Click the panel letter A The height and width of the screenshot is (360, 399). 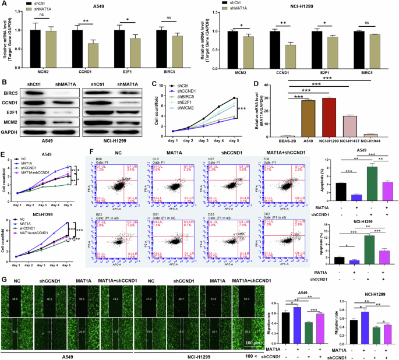(4, 5)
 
